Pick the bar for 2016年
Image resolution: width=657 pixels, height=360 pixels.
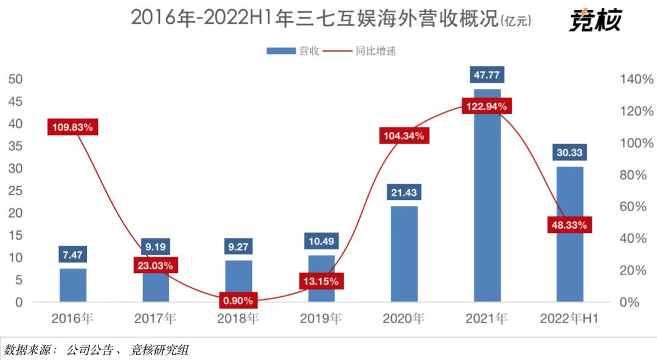point(73,285)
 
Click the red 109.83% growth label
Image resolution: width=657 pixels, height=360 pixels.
point(72,127)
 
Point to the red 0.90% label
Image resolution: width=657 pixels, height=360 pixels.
point(238,300)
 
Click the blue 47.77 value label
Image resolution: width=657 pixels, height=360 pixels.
point(487,75)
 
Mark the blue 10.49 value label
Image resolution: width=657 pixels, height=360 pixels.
point(321,241)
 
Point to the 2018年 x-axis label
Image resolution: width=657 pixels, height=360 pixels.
point(238,319)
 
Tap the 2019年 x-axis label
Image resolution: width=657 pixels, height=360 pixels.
point(321,319)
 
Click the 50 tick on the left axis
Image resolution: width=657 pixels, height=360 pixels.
point(15,79)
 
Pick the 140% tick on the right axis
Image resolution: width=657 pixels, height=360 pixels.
point(636,79)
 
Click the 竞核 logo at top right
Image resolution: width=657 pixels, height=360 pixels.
point(596,21)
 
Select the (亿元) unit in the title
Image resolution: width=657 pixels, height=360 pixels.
point(515,21)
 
